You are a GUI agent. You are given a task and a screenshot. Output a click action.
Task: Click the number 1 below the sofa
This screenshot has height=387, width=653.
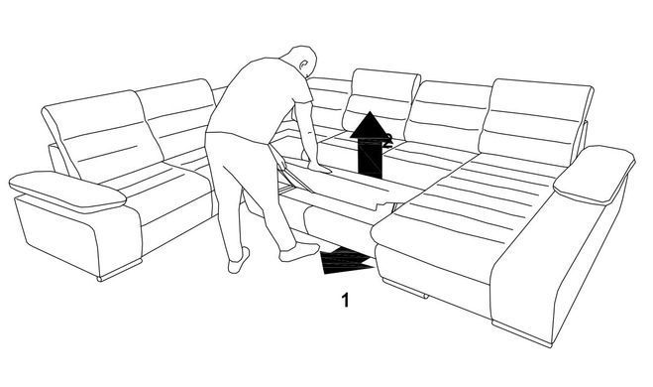345,300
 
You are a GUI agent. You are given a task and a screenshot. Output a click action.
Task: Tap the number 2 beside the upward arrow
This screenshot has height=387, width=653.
388,140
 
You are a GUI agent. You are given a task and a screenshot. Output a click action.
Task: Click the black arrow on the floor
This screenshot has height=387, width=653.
347,261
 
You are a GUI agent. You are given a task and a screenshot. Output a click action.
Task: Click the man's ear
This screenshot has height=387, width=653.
304,64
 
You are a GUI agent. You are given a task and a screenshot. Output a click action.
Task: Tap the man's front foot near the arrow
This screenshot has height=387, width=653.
298,252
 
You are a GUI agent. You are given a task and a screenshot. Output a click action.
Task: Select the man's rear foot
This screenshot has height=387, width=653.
239,261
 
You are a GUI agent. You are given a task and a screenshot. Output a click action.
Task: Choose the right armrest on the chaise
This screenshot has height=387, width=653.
594,173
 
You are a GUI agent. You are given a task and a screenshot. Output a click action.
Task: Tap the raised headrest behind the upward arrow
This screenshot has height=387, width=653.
381,100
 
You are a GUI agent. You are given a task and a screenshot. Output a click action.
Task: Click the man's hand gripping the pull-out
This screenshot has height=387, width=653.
320,168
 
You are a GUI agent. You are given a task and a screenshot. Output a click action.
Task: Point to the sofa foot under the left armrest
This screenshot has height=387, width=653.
120,272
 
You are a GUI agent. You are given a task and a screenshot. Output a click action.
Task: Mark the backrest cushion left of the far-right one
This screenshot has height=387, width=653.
448,112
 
